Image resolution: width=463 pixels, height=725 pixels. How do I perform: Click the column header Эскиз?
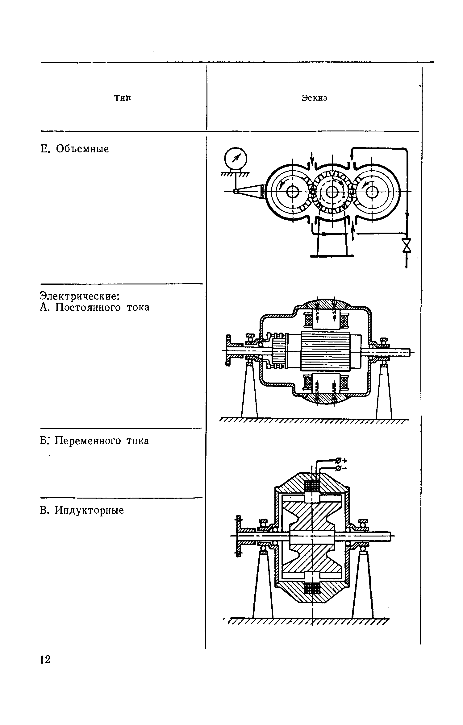[x=314, y=98]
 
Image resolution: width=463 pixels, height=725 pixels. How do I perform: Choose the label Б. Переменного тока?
[x=94, y=441]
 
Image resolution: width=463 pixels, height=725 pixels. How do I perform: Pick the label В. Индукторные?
[x=82, y=510]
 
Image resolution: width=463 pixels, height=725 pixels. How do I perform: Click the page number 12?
[x=45, y=660]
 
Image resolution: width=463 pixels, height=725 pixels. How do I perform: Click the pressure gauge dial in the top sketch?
[x=236, y=159]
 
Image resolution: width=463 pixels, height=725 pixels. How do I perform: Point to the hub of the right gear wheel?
[x=372, y=192]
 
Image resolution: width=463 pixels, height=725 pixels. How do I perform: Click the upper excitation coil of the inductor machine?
[x=312, y=487]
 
